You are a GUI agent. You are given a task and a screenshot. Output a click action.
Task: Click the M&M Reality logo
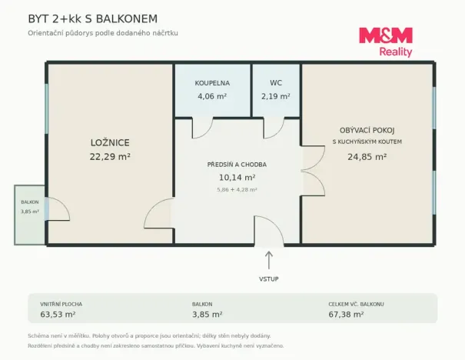coord(386,42)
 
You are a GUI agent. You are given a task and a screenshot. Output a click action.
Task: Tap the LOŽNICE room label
coord(110,143)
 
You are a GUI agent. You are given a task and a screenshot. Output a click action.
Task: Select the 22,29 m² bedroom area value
coord(110,156)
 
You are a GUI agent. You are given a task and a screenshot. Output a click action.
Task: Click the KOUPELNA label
coord(212,83)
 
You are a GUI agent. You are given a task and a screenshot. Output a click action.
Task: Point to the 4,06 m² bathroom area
coord(212,96)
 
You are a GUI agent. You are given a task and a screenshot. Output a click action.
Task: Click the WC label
coord(276,83)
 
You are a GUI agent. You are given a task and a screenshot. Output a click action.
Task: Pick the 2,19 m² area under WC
coord(276,96)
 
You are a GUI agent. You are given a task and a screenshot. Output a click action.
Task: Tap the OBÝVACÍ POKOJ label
coord(367,130)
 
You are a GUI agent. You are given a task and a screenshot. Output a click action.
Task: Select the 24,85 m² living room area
coord(367,157)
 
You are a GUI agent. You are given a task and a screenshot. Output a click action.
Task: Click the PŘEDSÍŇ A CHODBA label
coord(237,165)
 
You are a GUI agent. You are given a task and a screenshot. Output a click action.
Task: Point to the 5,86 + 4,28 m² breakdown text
coord(237,190)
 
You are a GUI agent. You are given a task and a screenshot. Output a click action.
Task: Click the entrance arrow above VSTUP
coord(269,260)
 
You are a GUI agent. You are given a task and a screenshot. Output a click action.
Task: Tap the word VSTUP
coord(269,279)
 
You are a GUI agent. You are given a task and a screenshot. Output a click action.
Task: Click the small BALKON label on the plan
coord(30,202)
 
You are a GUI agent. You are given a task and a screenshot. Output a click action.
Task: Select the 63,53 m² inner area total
coord(58,315)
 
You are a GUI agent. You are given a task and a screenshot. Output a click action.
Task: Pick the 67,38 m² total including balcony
coord(346,315)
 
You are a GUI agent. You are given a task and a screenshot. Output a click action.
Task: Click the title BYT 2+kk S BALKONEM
coord(92,18)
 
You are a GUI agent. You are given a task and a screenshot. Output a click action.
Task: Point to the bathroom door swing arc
coord(207,133)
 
